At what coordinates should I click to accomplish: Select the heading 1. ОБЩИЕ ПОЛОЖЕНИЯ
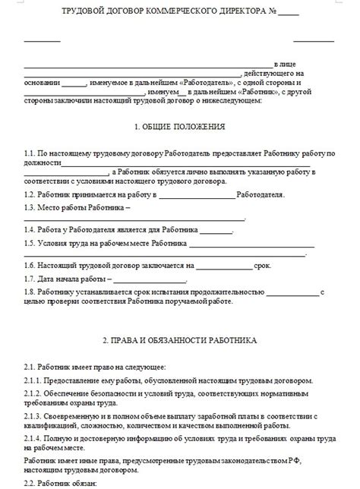pyautogui.click(x=179, y=126)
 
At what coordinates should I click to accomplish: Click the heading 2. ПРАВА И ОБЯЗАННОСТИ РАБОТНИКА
pyautogui.click(x=179, y=341)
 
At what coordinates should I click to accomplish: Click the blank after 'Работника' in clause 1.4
pyautogui.click(x=217, y=230)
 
